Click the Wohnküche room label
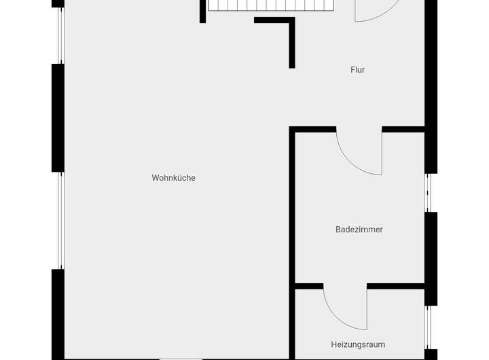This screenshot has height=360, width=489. pos(173,178)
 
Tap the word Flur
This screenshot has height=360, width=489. pos(358,70)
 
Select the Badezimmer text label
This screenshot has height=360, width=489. pos(359,230)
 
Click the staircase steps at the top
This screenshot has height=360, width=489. pos(272,5)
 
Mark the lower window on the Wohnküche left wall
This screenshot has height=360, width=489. pos(60,220)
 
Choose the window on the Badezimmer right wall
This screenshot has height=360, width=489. pos(428,194)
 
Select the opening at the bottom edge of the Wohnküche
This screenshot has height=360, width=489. pos(181,358)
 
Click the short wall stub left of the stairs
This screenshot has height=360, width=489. pos(202,11)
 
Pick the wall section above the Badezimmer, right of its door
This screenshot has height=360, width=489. pos(403,129)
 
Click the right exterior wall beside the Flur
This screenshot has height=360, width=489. pos(431,82)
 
